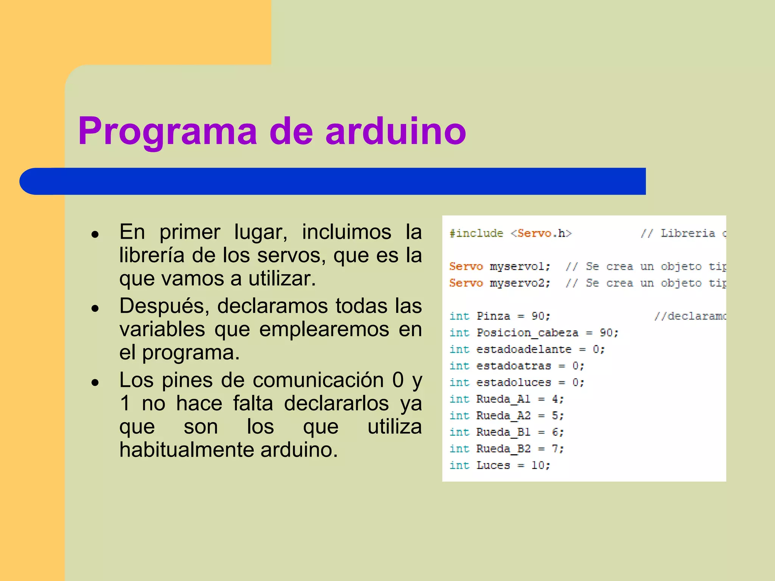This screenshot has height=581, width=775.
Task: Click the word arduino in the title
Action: [395, 131]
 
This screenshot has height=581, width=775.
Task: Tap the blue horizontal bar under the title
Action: [333, 181]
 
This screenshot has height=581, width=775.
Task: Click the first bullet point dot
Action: [95, 235]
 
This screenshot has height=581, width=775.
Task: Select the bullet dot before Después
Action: [95, 308]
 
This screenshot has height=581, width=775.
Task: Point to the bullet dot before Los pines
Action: [95, 382]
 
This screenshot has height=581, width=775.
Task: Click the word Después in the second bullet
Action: [164, 306]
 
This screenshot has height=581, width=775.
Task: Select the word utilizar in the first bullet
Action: [282, 279]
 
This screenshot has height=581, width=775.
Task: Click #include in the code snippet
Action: [476, 233]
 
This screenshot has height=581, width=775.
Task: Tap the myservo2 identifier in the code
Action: [520, 283]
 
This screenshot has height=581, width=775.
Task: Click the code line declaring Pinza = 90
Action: [500, 316]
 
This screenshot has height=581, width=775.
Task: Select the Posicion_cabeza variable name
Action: [527, 333]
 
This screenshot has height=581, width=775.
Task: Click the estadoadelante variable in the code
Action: [524, 349]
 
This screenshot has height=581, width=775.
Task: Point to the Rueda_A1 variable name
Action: [503, 399]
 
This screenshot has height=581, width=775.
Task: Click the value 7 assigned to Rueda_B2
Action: [555, 449]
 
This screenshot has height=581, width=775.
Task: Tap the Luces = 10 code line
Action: [500, 465]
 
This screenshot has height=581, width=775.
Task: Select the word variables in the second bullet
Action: [162, 329]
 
